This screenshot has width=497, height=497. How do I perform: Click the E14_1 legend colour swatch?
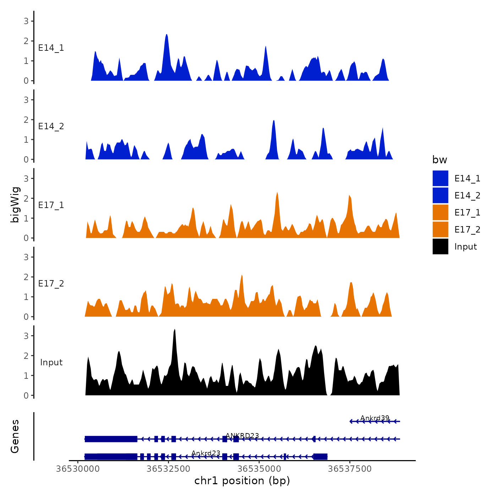click(x=440, y=178)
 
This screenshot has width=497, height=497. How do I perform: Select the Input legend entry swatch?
click(x=440, y=246)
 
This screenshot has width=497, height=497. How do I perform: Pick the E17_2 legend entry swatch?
click(x=440, y=229)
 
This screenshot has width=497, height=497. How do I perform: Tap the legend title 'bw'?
click(x=439, y=160)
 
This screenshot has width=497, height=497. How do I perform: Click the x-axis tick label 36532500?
click(x=168, y=469)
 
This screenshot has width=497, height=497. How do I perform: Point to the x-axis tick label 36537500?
click(x=350, y=469)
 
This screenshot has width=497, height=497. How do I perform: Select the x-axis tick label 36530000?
click(x=78, y=469)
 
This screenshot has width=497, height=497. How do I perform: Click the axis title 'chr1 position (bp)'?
click(x=242, y=481)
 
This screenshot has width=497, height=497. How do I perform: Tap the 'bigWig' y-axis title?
click(x=15, y=204)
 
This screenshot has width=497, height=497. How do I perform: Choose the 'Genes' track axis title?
click(x=15, y=436)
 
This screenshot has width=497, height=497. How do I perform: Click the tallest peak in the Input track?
click(x=175, y=330)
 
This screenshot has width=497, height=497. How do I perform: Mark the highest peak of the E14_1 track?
click(x=166, y=35)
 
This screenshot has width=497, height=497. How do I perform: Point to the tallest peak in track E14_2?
click(x=273, y=121)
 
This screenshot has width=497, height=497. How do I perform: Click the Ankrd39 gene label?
click(x=375, y=418)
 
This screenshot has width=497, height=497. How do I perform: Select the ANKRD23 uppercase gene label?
click(x=242, y=436)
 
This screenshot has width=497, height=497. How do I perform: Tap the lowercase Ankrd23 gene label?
click(x=206, y=453)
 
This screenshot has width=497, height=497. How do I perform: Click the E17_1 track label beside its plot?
click(x=51, y=205)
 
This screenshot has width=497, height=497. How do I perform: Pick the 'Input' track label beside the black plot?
click(x=51, y=362)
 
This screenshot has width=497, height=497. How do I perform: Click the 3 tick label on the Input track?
click(x=26, y=336)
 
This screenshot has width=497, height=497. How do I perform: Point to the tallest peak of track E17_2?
click(x=242, y=275)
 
